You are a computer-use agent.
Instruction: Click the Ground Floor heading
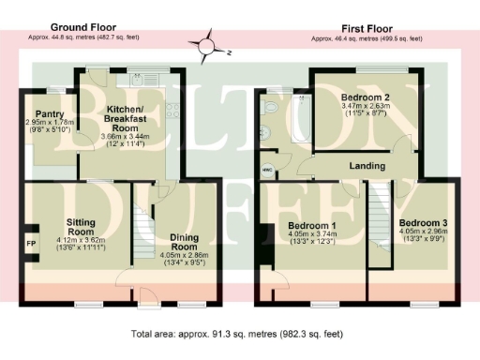82,28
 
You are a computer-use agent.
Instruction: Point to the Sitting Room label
81,226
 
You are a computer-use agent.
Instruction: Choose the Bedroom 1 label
310,227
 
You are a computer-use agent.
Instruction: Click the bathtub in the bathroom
302,120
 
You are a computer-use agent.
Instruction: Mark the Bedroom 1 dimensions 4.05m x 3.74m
310,238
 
